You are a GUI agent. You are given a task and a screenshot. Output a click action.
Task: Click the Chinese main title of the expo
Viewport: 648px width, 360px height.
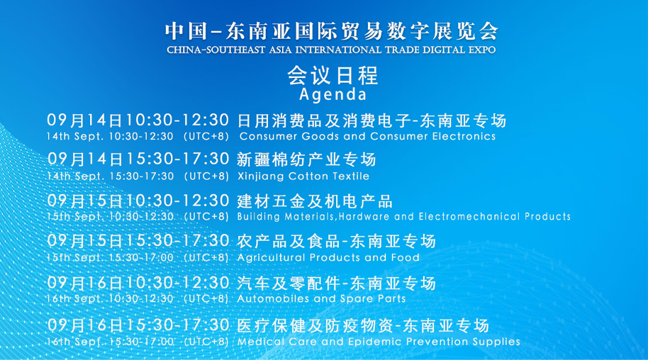pos(332,31)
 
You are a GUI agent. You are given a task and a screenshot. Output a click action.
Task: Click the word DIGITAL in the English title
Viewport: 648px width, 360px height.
pos(435,50)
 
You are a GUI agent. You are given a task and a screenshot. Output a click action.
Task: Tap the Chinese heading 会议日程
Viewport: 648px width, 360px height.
pos(332,74)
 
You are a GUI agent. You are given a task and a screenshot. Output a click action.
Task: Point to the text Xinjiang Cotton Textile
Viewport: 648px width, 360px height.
pos(303,176)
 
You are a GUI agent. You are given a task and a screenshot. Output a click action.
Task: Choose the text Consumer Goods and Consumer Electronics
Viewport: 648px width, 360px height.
pos(367,136)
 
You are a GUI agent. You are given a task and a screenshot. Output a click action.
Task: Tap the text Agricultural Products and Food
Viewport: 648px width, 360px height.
pos(328,257)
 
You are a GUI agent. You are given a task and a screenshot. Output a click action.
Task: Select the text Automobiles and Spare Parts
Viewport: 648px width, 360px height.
pos(321,298)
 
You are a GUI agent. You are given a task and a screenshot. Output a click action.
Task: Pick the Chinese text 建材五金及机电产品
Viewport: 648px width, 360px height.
pos(315,201)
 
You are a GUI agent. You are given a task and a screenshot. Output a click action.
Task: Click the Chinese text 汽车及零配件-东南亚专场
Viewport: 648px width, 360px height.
pos(336,284)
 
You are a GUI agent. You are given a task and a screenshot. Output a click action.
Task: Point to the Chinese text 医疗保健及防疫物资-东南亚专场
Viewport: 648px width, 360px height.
pos(363,326)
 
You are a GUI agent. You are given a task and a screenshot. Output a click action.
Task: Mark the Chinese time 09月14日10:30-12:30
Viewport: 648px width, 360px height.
pos(138,119)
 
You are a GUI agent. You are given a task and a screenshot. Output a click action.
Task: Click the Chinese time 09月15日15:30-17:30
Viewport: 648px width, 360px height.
pos(138,242)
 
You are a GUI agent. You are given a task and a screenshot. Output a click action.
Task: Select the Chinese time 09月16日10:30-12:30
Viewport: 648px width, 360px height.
pos(138,283)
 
